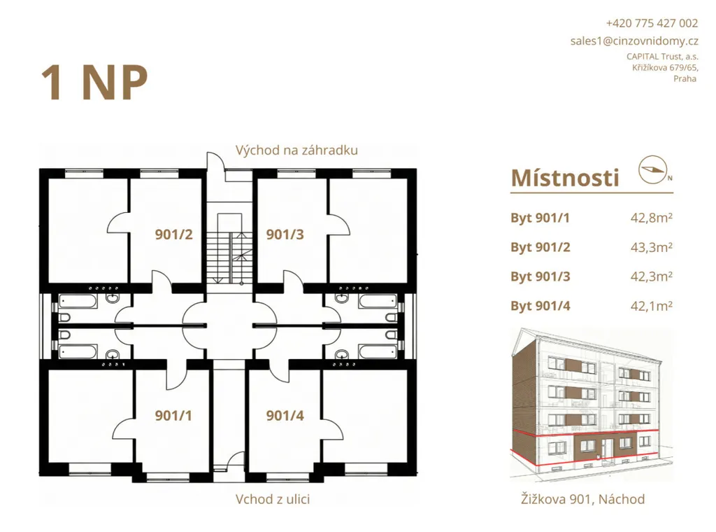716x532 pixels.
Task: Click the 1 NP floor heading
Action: point(94,83)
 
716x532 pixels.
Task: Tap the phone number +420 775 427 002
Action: point(652,23)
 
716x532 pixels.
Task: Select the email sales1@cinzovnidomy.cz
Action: point(634,41)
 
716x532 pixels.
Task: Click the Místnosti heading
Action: point(565,178)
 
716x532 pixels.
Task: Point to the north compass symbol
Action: point(654,169)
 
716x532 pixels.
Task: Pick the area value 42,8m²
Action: point(651,218)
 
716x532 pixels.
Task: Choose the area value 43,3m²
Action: point(651,247)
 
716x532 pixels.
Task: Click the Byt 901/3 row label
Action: point(540,276)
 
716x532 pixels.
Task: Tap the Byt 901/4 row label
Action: point(540,306)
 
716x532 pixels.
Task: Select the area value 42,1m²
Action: point(651,306)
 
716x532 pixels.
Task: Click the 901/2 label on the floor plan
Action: point(173,234)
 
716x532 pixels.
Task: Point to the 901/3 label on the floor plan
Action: point(285,234)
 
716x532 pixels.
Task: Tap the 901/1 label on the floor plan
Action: point(173,416)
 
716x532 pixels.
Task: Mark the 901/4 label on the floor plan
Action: point(285,416)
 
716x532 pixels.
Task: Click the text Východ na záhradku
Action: point(296,150)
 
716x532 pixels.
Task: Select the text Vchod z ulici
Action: point(273,499)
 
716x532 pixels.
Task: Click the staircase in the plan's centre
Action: point(229,249)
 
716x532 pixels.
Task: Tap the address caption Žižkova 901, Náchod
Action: point(582,499)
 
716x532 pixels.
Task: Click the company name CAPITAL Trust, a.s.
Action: point(662,57)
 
